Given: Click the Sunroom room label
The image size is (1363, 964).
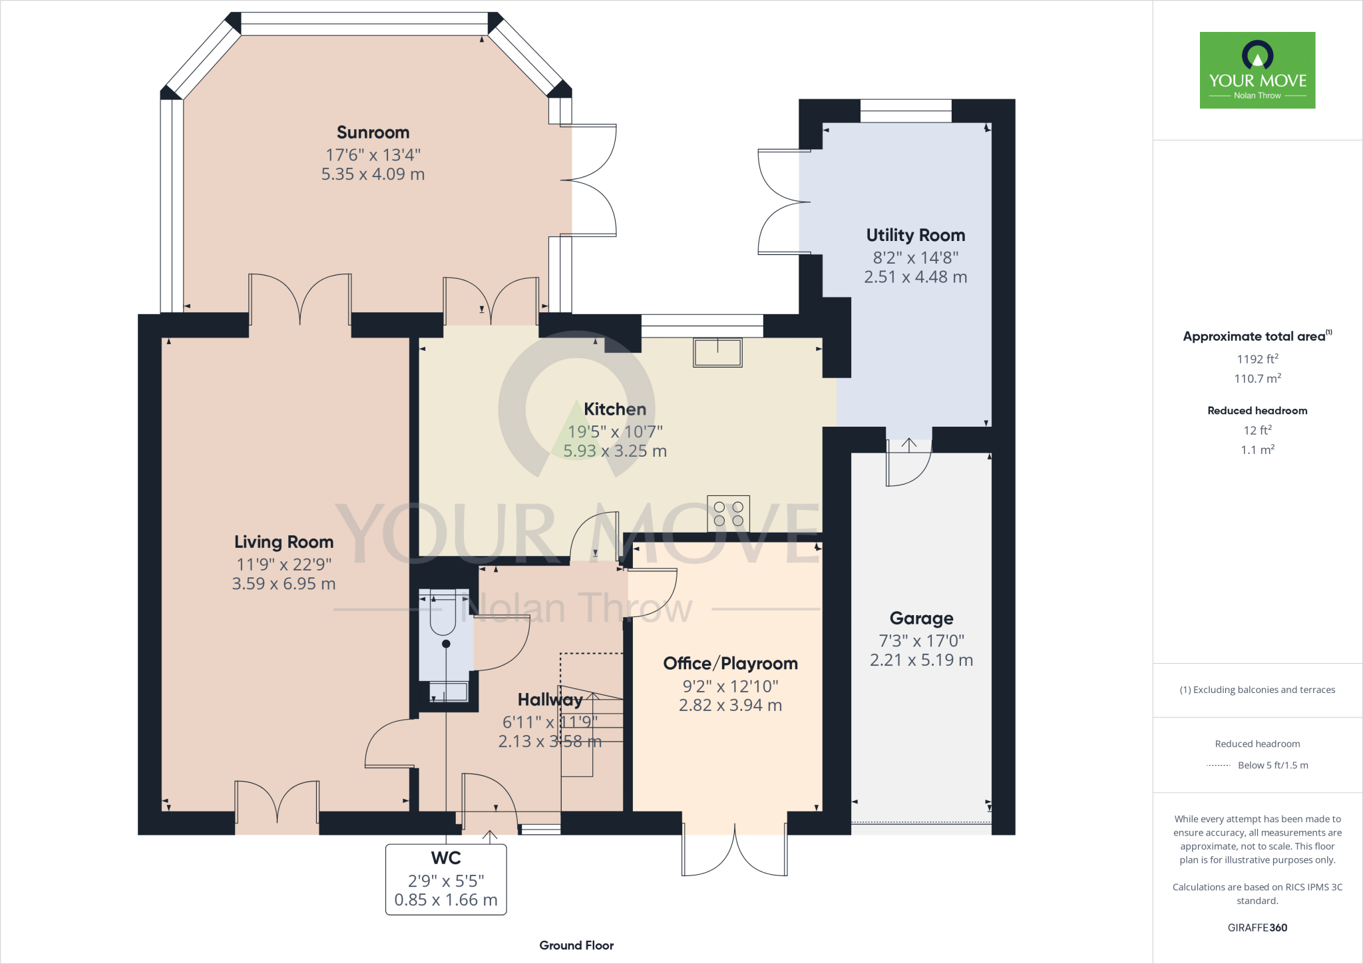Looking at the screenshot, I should (373, 132).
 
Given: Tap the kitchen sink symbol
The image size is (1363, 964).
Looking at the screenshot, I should (717, 352).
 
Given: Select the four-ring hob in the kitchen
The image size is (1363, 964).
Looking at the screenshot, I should (728, 514).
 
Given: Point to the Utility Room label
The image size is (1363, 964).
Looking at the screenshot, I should (915, 235).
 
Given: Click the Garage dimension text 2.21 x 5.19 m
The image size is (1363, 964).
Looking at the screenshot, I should (921, 660).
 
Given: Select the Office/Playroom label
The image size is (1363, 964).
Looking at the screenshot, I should (730, 663).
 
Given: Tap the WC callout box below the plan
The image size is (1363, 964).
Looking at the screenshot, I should (446, 879).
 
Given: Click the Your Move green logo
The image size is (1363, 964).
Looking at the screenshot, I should (1257, 70).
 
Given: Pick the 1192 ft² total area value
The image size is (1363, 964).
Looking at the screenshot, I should (1257, 359).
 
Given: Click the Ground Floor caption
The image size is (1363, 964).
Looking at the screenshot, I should (576, 945).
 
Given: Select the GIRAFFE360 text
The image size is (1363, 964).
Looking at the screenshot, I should (1257, 927).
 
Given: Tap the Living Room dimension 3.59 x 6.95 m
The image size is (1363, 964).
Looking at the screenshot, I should (284, 584).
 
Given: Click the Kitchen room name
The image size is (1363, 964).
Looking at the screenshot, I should (615, 409).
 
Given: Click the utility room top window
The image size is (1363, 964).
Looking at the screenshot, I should (906, 111).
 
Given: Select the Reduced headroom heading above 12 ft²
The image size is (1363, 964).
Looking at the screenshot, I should (1257, 411).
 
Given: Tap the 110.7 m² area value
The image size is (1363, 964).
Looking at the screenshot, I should (1257, 378).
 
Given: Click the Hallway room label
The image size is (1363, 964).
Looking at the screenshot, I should (550, 700).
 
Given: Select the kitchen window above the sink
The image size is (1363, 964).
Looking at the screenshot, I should (702, 326).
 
